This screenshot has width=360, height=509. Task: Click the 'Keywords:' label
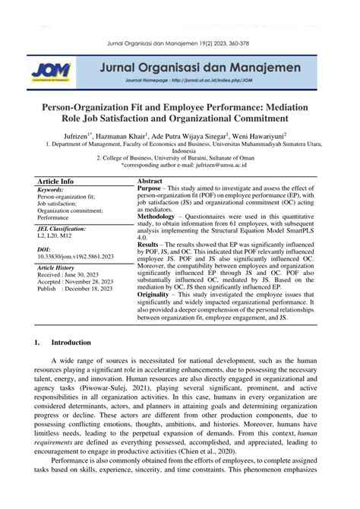coord(50,190)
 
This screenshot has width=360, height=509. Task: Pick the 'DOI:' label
coord(43,248)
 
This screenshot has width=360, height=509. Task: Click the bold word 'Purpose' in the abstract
coord(150,188)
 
